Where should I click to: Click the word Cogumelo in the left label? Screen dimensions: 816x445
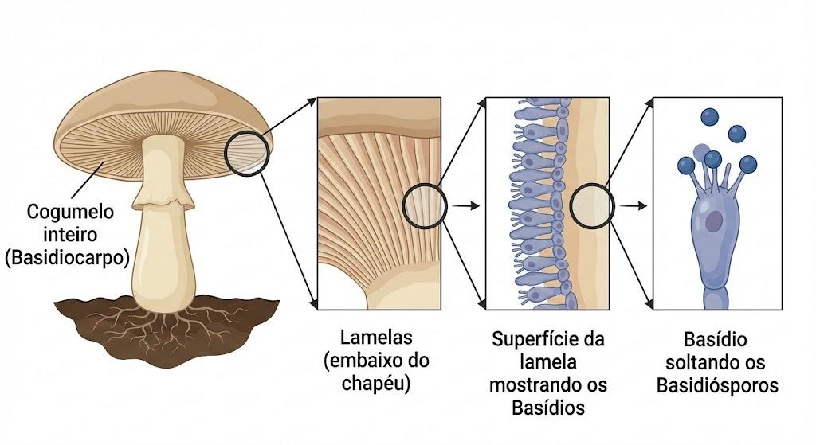pos(70,212)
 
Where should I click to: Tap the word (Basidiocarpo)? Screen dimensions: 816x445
pos(68,258)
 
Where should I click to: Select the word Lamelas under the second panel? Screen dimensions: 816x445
pos(376,338)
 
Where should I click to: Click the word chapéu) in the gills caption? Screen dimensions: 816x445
pos(376,384)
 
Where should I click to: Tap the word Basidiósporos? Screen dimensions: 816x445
pos(717,386)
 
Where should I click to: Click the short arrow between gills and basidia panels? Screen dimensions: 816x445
pos(465,206)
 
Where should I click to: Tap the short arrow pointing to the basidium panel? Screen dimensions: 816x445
pos(634,206)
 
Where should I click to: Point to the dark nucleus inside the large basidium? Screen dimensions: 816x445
pos(714,221)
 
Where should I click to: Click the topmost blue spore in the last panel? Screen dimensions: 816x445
pos(709,116)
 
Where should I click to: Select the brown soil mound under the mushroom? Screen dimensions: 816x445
pos(167,330)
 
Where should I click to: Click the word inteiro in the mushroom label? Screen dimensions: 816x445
pos(70,235)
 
